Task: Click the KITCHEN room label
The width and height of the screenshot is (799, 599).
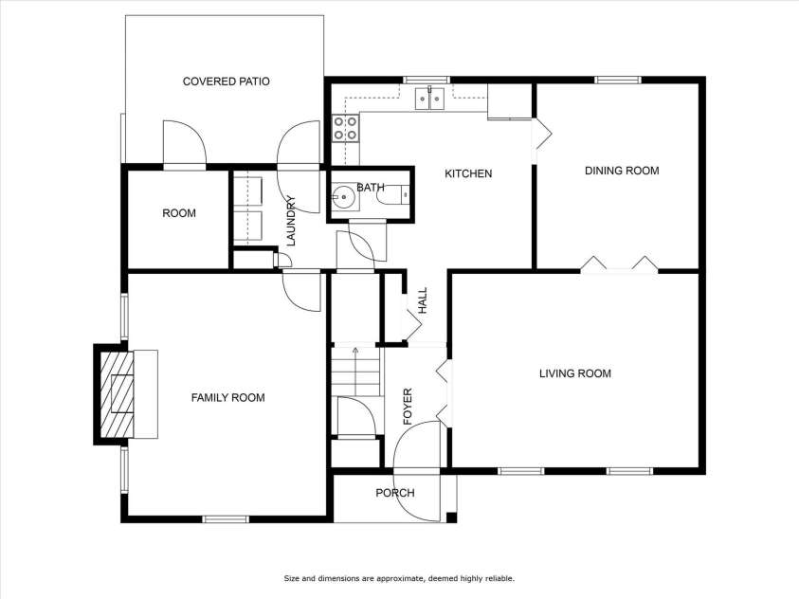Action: click(x=468, y=173)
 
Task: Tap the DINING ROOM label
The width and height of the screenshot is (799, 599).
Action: click(x=622, y=171)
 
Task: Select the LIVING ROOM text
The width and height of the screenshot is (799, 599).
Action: click(x=575, y=373)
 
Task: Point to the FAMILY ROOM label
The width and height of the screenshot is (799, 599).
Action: click(x=227, y=397)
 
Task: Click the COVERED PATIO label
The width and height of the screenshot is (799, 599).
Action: click(x=227, y=81)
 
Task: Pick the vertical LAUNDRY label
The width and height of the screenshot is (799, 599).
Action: click(x=291, y=221)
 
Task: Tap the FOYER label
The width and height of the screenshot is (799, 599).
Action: click(x=408, y=407)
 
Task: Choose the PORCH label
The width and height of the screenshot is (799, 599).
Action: click(x=395, y=493)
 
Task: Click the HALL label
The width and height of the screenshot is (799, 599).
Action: click(x=423, y=300)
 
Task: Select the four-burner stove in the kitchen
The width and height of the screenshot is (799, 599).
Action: click(x=345, y=128)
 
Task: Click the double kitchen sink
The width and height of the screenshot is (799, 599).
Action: click(x=430, y=99)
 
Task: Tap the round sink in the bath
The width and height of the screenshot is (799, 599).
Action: click(x=343, y=195)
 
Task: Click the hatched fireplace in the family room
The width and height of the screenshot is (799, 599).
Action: click(x=117, y=394)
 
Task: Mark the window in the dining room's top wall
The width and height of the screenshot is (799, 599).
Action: click(x=617, y=80)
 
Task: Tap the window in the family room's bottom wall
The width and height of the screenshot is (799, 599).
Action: click(x=226, y=519)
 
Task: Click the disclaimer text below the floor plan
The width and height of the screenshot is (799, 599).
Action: click(x=399, y=578)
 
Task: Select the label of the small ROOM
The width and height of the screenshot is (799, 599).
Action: click(x=179, y=213)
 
